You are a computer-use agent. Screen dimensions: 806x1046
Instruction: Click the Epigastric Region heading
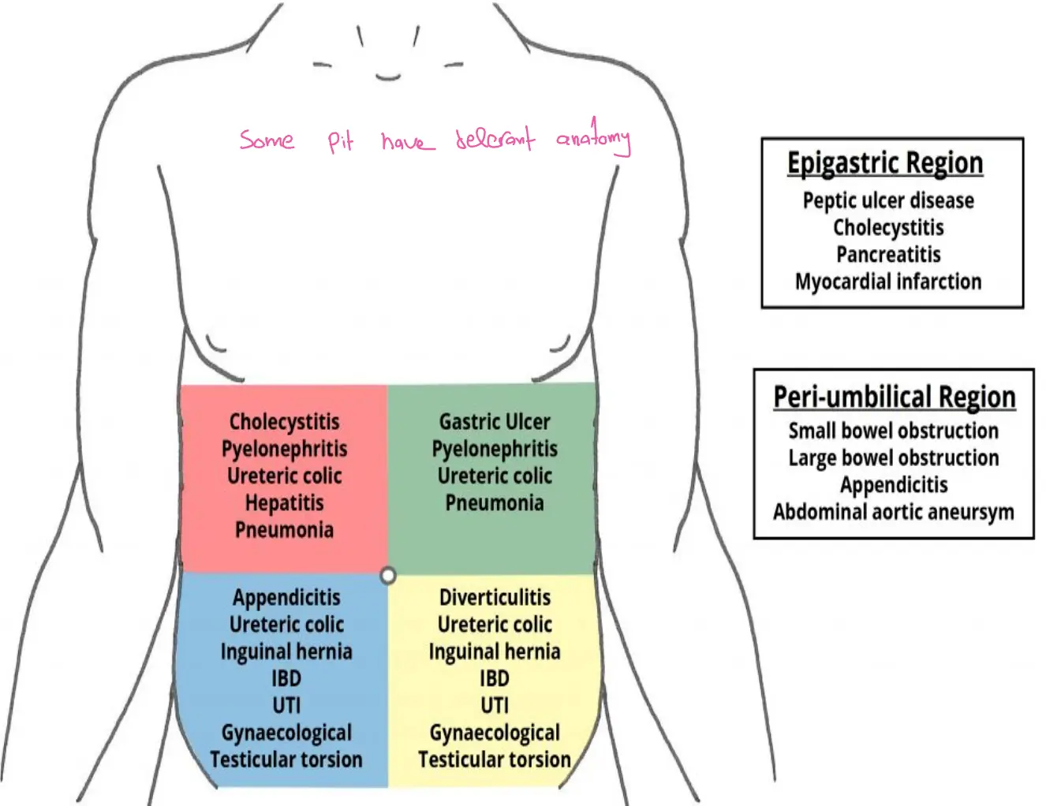(885, 163)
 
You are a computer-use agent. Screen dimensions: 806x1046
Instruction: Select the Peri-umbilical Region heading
(894, 397)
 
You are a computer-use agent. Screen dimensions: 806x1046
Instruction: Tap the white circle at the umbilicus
(387, 576)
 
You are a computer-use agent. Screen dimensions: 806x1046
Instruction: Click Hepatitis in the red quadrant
(284, 503)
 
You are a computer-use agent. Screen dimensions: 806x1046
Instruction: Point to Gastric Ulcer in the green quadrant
(495, 422)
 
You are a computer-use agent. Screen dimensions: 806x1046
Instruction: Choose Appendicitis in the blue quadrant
(286, 598)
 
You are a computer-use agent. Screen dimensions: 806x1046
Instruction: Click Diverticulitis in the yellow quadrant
(495, 598)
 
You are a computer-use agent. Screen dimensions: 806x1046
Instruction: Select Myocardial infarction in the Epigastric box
(888, 282)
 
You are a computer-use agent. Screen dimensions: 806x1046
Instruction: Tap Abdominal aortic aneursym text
(893, 512)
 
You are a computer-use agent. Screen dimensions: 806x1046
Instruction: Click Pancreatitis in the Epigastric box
(888, 255)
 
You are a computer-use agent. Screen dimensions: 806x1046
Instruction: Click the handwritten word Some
(267, 140)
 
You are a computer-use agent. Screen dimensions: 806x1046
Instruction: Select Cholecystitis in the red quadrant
(284, 422)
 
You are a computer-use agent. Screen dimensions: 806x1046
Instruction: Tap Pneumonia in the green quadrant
(495, 503)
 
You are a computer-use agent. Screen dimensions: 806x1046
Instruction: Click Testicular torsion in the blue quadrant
(286, 759)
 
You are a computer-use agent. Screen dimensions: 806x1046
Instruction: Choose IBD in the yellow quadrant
(495, 678)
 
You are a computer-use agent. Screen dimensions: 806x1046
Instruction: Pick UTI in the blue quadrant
(286, 705)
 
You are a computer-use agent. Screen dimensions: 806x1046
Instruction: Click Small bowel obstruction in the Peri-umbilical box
(893, 431)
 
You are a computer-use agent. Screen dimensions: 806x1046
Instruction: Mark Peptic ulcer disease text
(888, 200)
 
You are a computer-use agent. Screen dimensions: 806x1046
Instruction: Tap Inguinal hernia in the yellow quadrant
(495, 651)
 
